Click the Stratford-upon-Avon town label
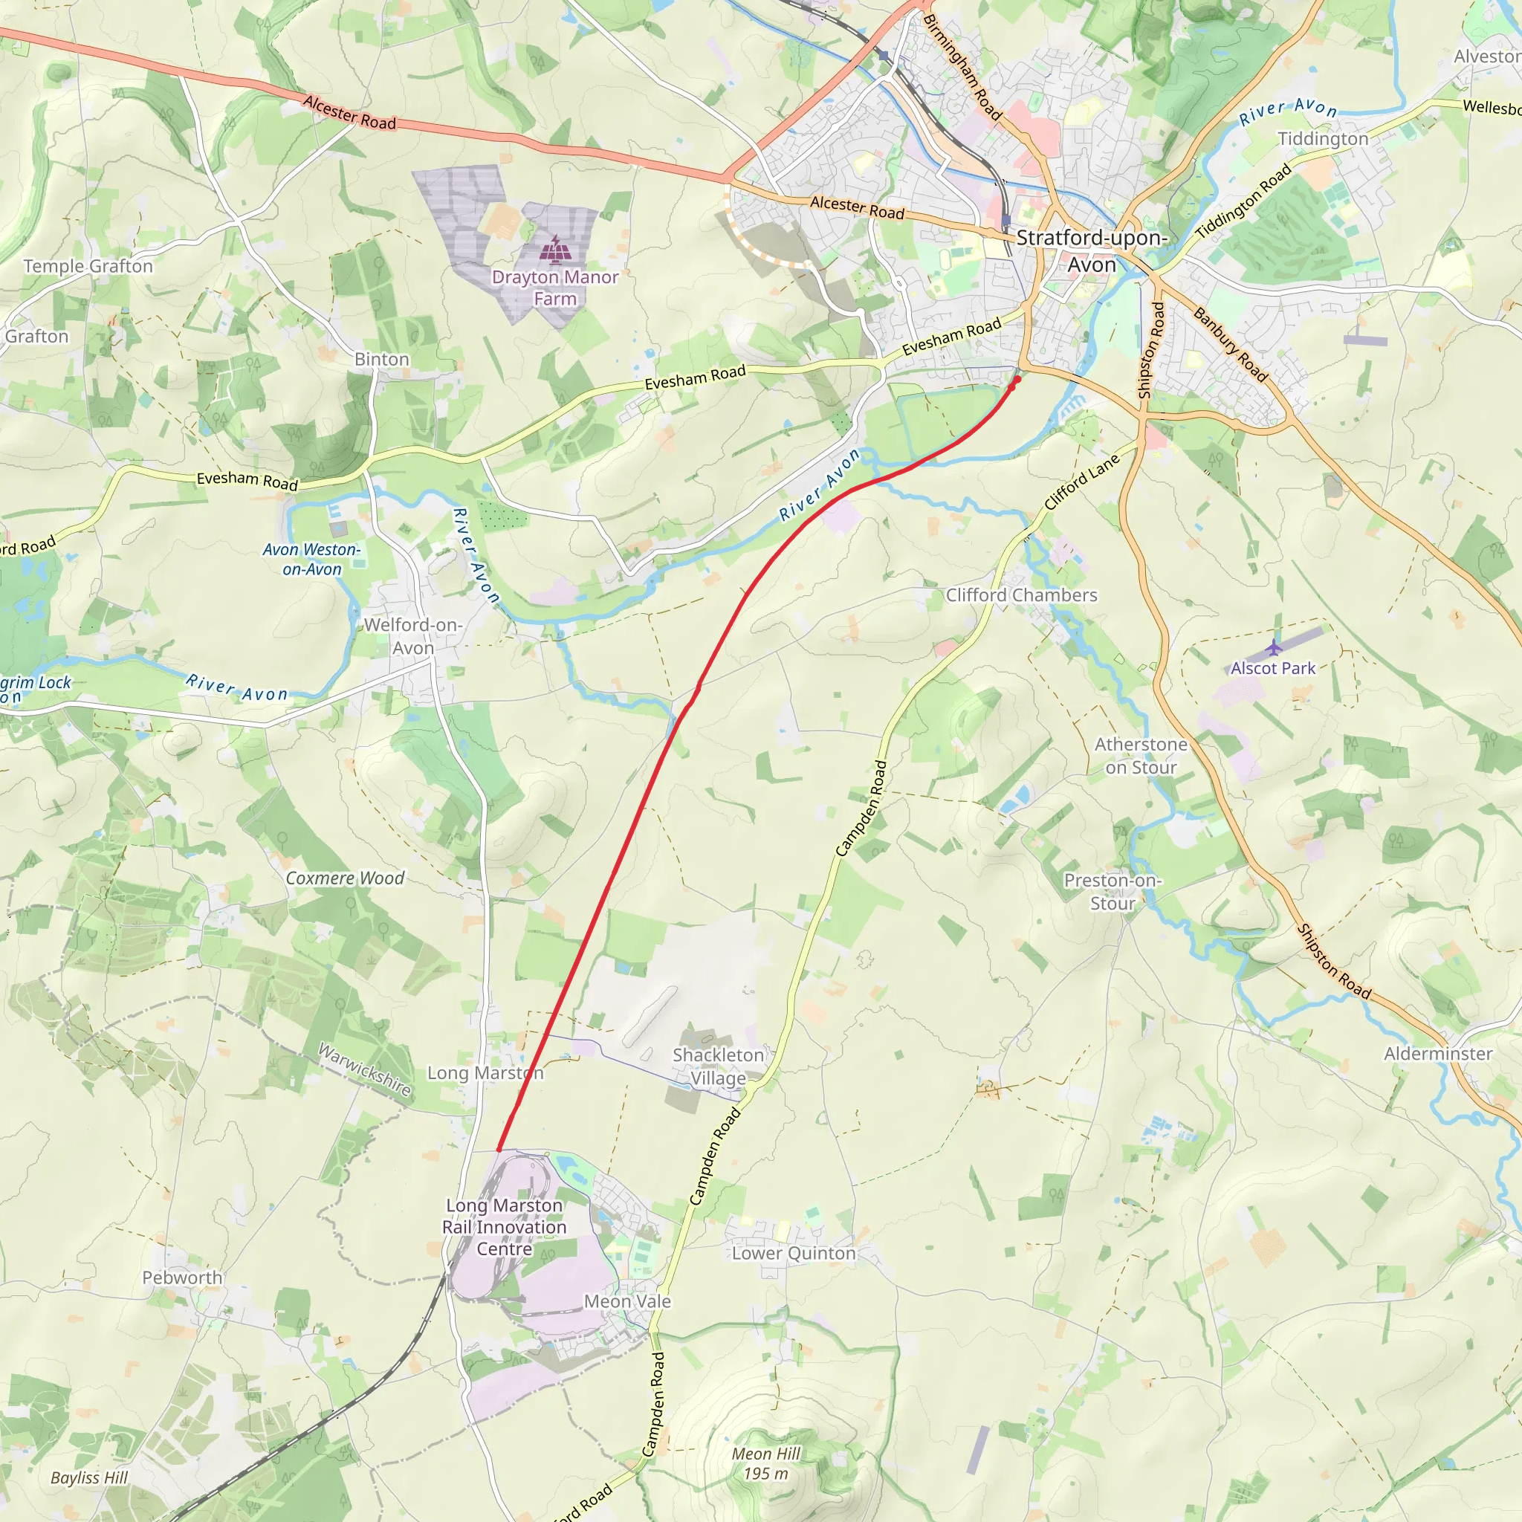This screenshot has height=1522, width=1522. coord(1092,250)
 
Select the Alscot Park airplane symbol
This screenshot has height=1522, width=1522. coord(1274,647)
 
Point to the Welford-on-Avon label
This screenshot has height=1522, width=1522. coord(412,635)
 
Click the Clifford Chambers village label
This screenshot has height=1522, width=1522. coord(1021,595)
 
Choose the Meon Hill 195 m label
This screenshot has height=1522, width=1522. coord(765,1463)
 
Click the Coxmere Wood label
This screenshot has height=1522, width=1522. coord(344,878)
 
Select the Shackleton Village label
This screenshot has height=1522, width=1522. coord(718,1066)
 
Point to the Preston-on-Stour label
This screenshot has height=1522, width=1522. coord(1113,891)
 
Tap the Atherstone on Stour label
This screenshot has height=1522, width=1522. coord(1141,755)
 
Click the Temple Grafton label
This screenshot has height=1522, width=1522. coord(88,266)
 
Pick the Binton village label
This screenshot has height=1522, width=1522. coord(382,359)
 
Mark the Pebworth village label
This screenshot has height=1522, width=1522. coord(182,1277)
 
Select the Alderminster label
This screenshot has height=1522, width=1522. coord(1438,1053)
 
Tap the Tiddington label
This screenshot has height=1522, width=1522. coord(1323,139)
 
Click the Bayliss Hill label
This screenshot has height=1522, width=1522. coord(89,1477)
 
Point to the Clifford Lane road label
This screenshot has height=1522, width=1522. coord(1081,482)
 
